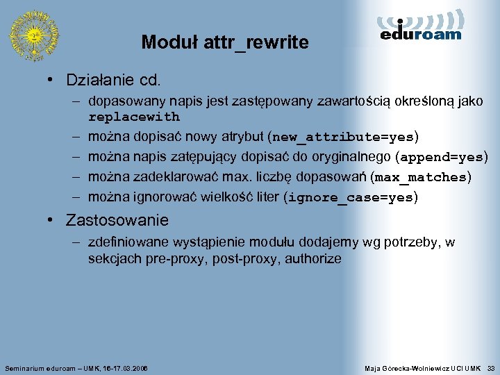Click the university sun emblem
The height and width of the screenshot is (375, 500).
tap(33, 34)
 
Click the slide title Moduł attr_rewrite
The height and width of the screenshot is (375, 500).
tap(225, 42)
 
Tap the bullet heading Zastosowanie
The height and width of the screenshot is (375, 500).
tap(117, 221)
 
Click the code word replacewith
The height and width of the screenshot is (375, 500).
tap(134, 117)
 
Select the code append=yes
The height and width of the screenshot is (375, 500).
tap(442, 157)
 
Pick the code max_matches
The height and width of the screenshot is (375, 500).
tap(420, 177)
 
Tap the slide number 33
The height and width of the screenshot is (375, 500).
tap(491, 367)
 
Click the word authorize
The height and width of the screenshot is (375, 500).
tap(313, 259)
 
